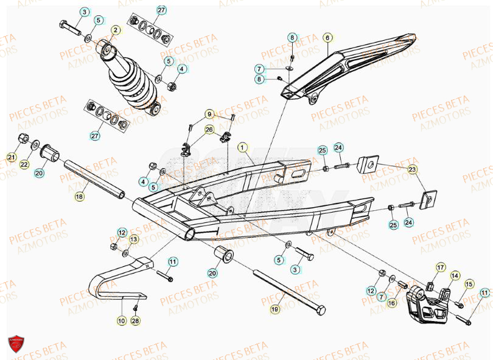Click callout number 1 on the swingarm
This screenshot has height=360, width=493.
coord(242,147)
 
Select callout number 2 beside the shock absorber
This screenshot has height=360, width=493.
coord(115,29)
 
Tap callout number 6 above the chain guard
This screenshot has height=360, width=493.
coord(327,37)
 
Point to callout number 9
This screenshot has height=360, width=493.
coord(209,114)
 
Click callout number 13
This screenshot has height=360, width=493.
coord(133,239)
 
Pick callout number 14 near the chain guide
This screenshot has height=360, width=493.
coord(454,276)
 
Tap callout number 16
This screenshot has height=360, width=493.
coord(391,303)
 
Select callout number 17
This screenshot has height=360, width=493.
coord(440,266)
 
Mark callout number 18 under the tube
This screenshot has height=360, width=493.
coord(80,196)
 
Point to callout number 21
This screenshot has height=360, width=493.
coord(12,158)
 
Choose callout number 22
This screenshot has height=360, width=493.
coord(24,164)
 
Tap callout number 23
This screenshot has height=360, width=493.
coord(413,169)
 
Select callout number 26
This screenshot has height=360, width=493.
coord(209,129)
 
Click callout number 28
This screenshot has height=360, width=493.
coord(135,320)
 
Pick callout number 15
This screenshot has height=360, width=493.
coord(469,284)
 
